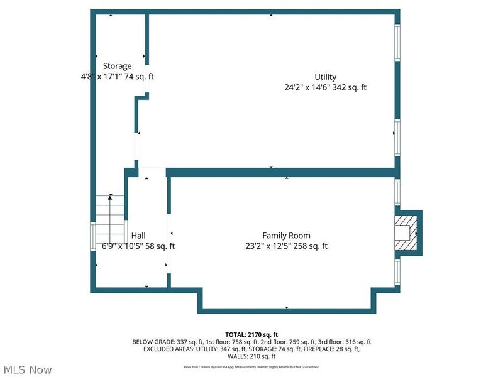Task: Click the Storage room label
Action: coord(118,66)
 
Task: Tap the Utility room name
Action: coord(326,77)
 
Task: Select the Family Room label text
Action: coord(286,236)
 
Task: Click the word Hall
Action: coord(138,236)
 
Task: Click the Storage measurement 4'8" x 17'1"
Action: coord(101,77)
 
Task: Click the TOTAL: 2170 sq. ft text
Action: coord(251,334)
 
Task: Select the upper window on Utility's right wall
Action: coord(397,43)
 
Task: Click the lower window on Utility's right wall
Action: coord(397,137)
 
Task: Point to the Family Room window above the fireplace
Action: coord(397,193)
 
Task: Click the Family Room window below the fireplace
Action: coord(397,270)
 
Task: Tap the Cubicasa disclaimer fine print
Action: coord(251,366)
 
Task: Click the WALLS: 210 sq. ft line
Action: coord(251,356)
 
